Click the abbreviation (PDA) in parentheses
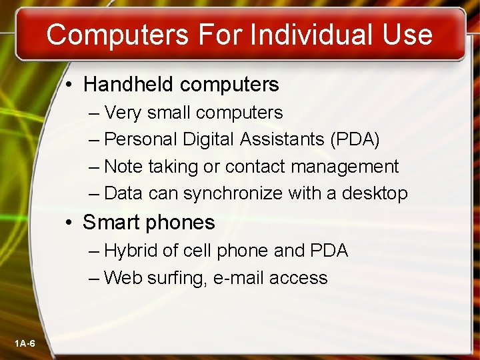355,139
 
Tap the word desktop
375,193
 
